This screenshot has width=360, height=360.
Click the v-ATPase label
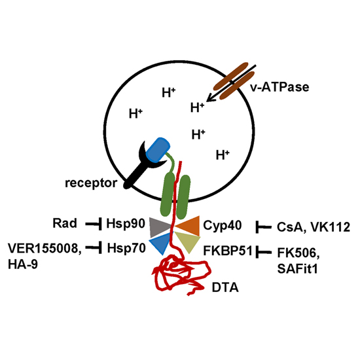tap(279, 87)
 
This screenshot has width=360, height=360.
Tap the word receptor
tap(91, 183)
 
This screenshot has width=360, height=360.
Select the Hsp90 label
tap(126, 224)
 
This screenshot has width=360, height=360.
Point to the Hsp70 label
tap(126, 248)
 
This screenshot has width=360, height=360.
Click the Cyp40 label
tap(223, 225)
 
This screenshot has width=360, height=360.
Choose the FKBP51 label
tap(228, 251)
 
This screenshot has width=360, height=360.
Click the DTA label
tap(225, 288)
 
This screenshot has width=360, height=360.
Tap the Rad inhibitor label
tap(65, 223)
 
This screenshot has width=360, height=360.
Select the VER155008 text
tap(45, 249)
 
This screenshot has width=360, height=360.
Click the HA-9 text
tap(23, 264)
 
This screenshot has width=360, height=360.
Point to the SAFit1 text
tap(297, 268)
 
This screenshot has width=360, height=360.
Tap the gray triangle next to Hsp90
tap(159, 227)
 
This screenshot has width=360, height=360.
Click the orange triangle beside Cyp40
tap(189, 226)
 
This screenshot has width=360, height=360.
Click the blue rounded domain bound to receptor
tap(158, 150)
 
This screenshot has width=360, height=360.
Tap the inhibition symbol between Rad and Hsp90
tap(94, 224)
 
